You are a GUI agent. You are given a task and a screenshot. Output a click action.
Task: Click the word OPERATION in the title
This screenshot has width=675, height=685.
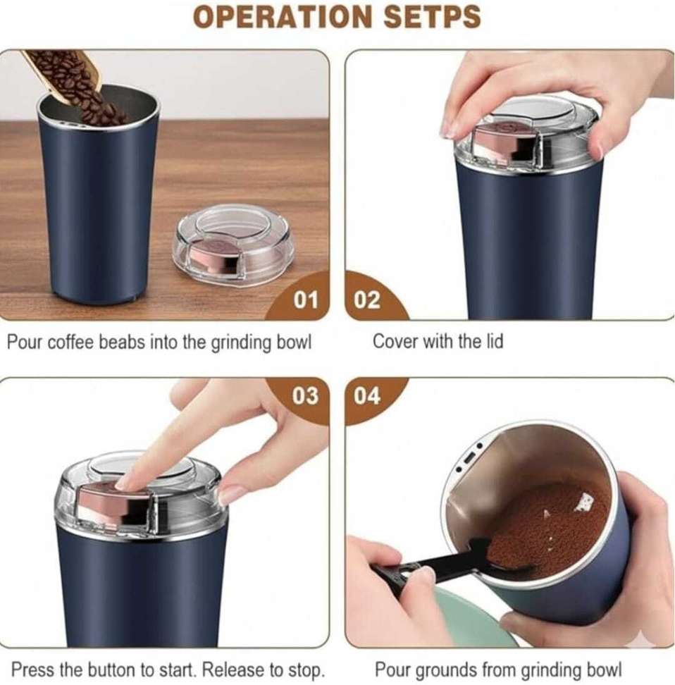(x=282, y=17)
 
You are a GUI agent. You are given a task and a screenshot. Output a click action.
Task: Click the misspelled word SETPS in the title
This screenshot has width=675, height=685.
(x=432, y=17)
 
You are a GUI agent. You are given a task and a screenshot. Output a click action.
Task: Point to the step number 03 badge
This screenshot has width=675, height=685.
(x=305, y=396)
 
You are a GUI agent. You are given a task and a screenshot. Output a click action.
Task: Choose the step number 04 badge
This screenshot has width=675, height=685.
(x=366, y=396)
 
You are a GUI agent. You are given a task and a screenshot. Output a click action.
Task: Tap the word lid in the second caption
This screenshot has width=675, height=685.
(x=494, y=341)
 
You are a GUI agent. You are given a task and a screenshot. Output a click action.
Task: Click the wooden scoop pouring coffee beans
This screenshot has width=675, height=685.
(x=61, y=74)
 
